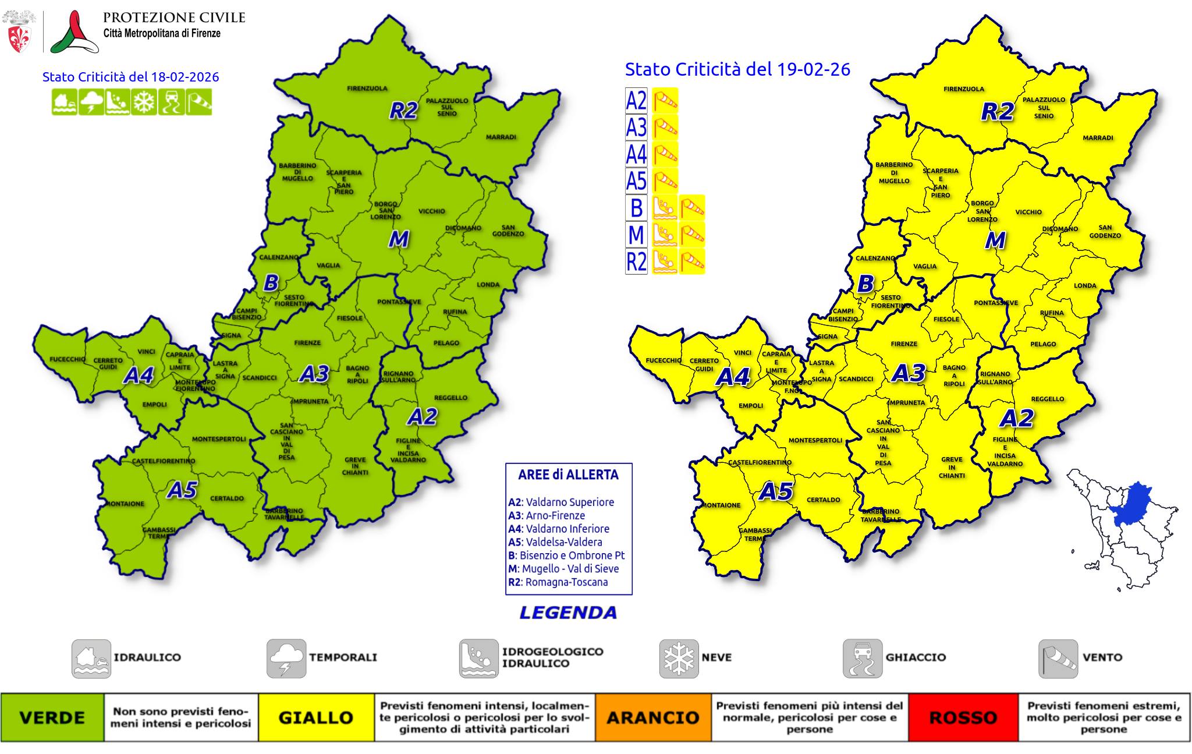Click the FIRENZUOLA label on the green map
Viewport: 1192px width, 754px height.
pos(367,89)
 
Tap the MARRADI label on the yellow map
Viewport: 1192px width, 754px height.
pos(1098,138)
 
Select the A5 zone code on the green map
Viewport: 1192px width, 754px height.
pos(182,490)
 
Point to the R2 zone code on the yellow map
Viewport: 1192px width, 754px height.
pos(997,111)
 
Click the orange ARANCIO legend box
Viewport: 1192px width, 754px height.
pos(652,717)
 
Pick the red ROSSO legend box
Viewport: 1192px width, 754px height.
pos(963,717)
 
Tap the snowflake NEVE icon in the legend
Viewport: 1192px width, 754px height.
pos(679,659)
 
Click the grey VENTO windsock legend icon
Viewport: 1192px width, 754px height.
pos(1058,659)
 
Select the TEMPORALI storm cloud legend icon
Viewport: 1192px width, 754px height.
pos(286,659)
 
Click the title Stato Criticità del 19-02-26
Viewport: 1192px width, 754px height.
pos(737,69)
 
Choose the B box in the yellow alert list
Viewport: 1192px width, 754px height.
pos(636,207)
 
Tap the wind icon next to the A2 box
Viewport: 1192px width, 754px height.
pos(665,101)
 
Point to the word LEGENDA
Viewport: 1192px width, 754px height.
pos(568,613)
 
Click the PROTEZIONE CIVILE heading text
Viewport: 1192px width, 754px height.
pos(174,17)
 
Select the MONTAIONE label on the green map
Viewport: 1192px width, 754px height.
pos(125,504)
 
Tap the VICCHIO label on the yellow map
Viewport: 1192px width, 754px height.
pos(1028,212)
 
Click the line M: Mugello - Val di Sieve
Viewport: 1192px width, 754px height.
pos(563,569)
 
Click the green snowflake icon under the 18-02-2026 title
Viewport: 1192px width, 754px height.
pos(144,102)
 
